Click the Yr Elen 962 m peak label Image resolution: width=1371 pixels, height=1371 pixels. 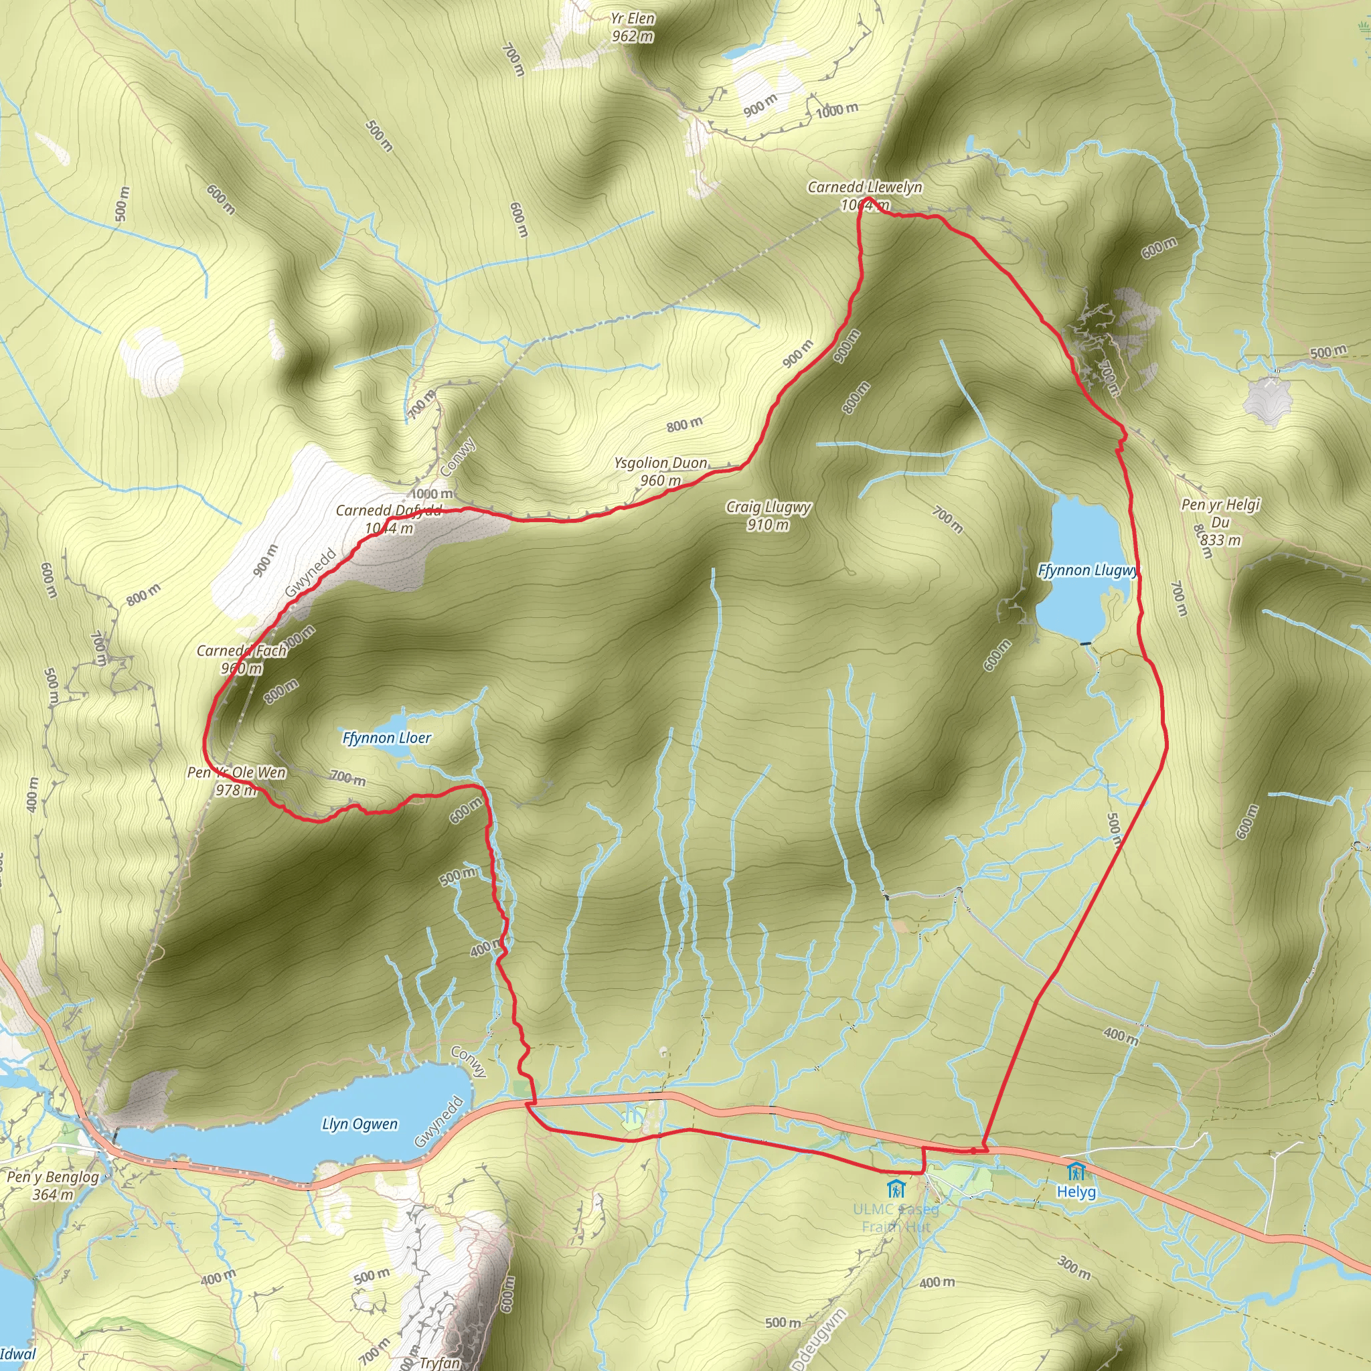632,27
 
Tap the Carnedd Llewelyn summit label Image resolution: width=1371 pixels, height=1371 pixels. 864,195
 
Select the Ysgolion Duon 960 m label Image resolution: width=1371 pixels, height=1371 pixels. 661,471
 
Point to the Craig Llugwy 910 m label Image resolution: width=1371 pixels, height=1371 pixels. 769,515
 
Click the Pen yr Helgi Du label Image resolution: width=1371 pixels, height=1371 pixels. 1220,521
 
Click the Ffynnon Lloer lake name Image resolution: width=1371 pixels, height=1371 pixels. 387,738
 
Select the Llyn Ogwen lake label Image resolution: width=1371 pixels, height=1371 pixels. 359,1124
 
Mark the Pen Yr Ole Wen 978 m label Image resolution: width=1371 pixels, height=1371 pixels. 236,781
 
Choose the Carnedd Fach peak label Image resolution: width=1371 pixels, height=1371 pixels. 241,659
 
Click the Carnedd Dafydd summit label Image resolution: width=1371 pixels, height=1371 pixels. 388,519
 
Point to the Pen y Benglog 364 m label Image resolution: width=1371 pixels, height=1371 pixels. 54,1185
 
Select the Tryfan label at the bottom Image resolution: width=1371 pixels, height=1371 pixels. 439,1362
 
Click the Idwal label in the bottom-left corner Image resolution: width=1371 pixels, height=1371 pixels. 19,1355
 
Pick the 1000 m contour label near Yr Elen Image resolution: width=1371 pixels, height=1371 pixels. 837,109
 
